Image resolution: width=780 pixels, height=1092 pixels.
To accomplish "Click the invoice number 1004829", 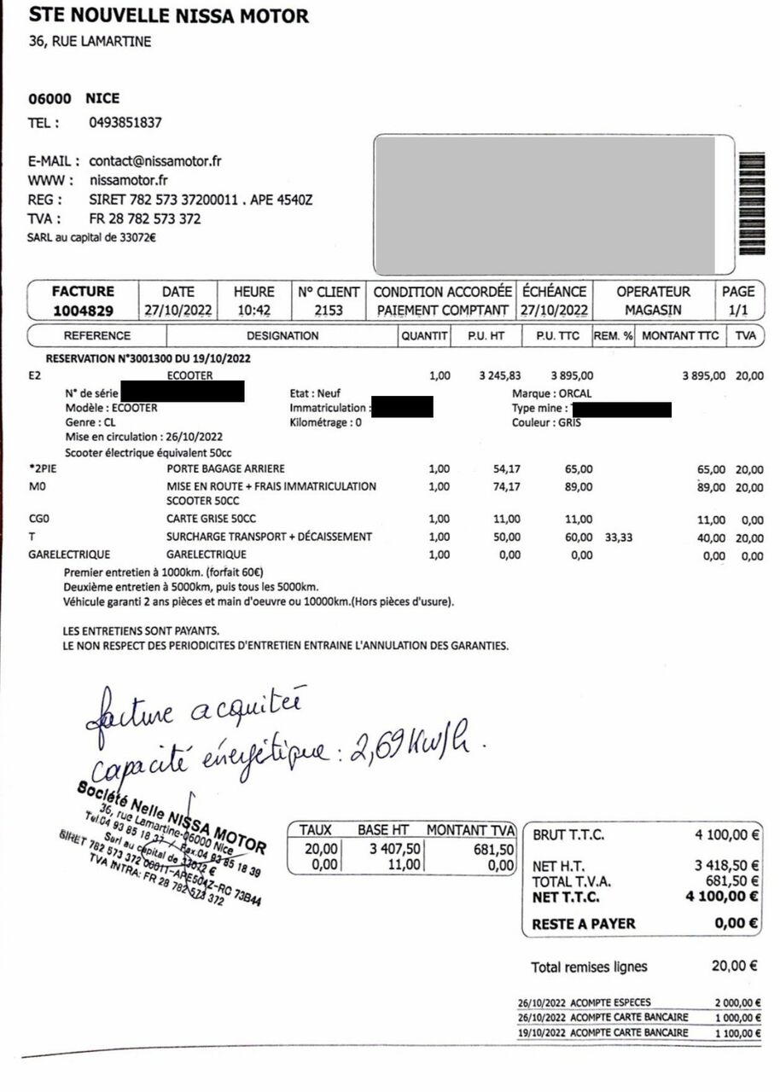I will [83, 311].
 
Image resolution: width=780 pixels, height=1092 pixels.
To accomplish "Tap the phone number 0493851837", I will [125, 122].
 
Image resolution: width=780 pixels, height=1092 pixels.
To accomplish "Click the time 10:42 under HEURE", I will [253, 311].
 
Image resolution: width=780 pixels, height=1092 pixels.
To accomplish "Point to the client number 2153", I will [329, 311].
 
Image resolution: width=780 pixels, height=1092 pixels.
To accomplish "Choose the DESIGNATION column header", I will [282, 336].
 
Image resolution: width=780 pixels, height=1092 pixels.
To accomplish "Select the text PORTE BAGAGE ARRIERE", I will [226, 469].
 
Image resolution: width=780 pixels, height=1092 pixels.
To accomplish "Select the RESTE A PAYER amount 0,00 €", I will [736, 923].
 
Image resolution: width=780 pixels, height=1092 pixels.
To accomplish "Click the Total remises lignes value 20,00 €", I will [735, 967].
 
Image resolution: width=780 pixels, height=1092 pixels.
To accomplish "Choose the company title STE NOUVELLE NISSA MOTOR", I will [169, 15].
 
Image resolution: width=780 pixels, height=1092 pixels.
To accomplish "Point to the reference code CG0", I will [39, 519].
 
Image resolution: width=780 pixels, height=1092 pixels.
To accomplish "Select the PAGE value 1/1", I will [738, 311].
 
